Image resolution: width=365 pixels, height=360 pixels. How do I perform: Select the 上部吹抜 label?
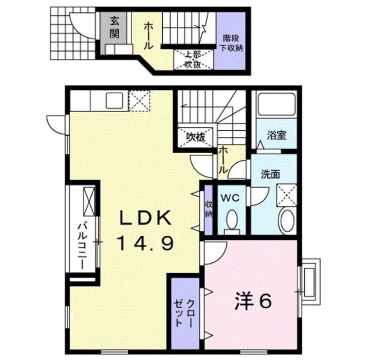point(188,60)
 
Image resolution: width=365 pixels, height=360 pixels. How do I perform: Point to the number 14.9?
point(145,244)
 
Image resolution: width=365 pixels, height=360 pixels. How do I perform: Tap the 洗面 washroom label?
point(270,173)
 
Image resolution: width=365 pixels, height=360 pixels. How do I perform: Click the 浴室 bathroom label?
point(276,135)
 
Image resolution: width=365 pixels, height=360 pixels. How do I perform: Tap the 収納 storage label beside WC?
point(208,209)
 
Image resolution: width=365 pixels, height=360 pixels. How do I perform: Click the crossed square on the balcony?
point(88,200)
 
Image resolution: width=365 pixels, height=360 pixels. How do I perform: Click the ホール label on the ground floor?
point(148,35)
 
